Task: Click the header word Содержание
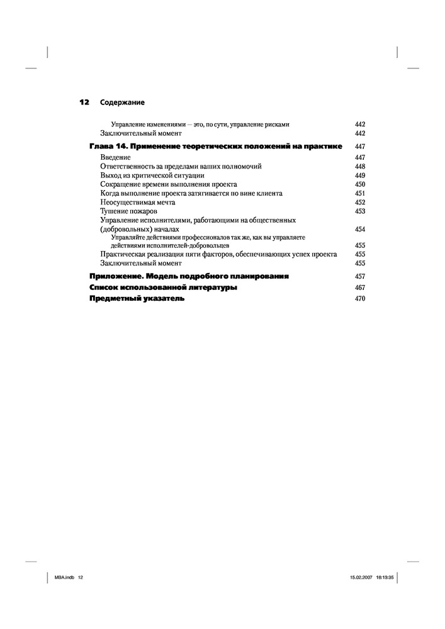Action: (122, 102)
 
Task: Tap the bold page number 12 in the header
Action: (84, 102)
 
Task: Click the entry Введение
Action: (116, 157)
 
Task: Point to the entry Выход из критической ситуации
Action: (152, 175)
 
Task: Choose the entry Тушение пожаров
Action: (128, 211)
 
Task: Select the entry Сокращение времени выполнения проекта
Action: (168, 184)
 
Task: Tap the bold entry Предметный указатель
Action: (137, 299)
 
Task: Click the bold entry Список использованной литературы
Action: (164, 287)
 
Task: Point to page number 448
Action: (360, 166)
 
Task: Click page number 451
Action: (360, 194)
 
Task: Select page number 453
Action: (360, 212)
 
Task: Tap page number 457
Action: (360, 277)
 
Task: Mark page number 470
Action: (360, 299)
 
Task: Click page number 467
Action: (360, 287)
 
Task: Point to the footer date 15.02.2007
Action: (361, 578)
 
